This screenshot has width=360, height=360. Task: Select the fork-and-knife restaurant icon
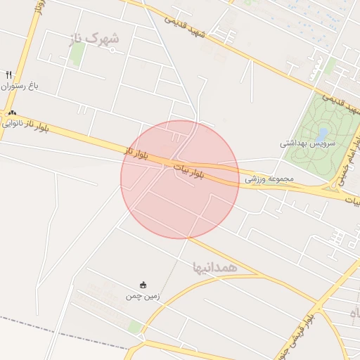coord(9,74)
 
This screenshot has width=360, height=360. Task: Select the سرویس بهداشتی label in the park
coord(304,143)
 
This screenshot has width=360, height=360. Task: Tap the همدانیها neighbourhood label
coord(214,267)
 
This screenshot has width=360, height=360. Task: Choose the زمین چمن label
coord(143,296)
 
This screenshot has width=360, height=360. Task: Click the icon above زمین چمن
coord(143,285)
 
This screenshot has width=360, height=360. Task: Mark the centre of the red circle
coord(180,179)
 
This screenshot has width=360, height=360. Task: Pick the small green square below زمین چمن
coord(134,327)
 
